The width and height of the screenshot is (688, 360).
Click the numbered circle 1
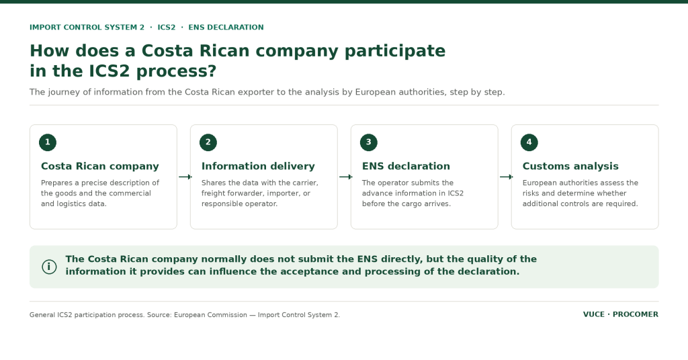click(x=48, y=142)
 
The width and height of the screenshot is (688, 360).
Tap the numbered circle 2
click(x=208, y=142)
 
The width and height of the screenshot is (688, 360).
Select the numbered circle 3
click(x=369, y=142)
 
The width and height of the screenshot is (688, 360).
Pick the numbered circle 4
click(x=529, y=142)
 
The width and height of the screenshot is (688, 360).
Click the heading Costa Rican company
click(x=100, y=166)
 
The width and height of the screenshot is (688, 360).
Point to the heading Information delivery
click(x=258, y=166)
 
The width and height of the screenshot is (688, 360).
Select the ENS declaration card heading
click(x=406, y=166)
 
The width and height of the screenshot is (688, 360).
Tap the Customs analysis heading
click(x=570, y=166)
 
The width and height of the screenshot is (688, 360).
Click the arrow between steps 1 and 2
click(x=185, y=177)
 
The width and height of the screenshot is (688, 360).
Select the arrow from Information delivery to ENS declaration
click(x=346, y=177)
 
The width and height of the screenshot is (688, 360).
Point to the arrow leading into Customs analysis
click(x=507, y=177)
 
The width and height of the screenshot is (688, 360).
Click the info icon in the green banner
click(x=49, y=267)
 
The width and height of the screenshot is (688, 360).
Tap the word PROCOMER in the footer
click(x=636, y=314)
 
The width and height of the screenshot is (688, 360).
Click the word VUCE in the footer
click(x=594, y=314)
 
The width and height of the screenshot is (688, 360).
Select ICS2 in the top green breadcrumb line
click(x=167, y=27)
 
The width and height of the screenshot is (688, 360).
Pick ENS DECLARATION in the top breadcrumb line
click(x=226, y=27)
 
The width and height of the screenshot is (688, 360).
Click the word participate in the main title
click(x=395, y=51)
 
